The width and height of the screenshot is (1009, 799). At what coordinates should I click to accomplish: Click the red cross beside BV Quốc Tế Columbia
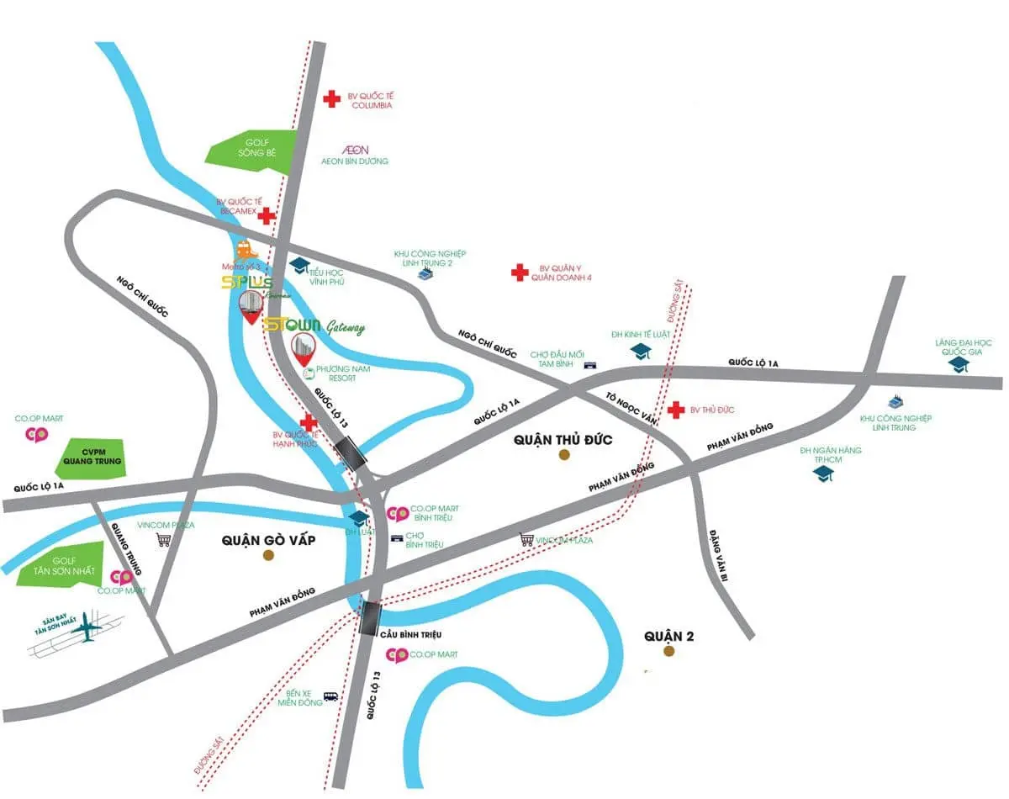(x=333, y=98)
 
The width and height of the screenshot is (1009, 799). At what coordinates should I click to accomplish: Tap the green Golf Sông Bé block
(x=251, y=147)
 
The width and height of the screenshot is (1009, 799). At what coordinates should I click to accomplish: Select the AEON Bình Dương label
(x=354, y=155)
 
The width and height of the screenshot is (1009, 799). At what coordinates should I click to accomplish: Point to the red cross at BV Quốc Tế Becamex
(x=267, y=216)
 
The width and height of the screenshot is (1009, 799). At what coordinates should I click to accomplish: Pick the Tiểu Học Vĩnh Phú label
(x=328, y=278)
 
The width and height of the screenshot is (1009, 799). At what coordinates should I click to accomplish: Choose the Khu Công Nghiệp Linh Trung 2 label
(x=430, y=258)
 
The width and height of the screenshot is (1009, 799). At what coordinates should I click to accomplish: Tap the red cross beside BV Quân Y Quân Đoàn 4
(x=520, y=272)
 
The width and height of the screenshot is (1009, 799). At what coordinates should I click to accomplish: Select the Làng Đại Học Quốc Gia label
(x=964, y=347)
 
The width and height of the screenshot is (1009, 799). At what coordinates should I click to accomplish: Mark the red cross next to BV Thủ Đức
(x=674, y=410)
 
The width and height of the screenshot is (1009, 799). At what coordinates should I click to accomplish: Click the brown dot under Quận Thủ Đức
(x=564, y=455)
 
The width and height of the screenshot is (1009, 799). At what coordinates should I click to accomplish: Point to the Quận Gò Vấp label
(x=269, y=540)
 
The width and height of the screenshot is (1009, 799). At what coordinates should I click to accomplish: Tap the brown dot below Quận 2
(x=669, y=651)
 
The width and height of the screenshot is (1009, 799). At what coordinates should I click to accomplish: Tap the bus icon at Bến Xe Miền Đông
(x=331, y=696)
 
